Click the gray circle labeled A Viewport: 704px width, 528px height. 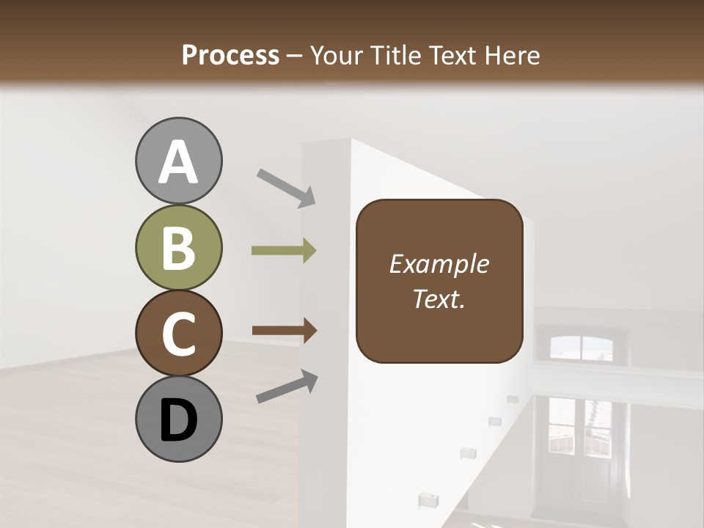pyautogui.click(x=178, y=161)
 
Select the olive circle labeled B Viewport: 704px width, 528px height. pyautogui.click(x=178, y=247)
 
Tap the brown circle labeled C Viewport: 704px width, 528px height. pyautogui.click(x=178, y=333)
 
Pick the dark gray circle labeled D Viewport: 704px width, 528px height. pyautogui.click(x=178, y=419)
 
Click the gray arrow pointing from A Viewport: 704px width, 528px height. pyautogui.click(x=285, y=187)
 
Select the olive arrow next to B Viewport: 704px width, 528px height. pyautogui.click(x=284, y=251)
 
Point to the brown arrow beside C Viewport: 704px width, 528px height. pyautogui.click(x=284, y=331)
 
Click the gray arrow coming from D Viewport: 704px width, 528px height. pyautogui.click(x=287, y=387)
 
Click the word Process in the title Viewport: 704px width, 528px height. pyautogui.click(x=230, y=56)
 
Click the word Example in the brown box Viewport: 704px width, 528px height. pyautogui.click(x=439, y=264)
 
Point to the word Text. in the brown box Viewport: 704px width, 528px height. pyautogui.click(x=439, y=298)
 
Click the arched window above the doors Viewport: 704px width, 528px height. pyautogui.click(x=580, y=347)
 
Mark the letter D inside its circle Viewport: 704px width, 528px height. pyautogui.click(x=178, y=420)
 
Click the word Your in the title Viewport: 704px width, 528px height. pyautogui.click(x=337, y=56)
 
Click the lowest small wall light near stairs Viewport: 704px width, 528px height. pyautogui.click(x=424, y=500)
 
